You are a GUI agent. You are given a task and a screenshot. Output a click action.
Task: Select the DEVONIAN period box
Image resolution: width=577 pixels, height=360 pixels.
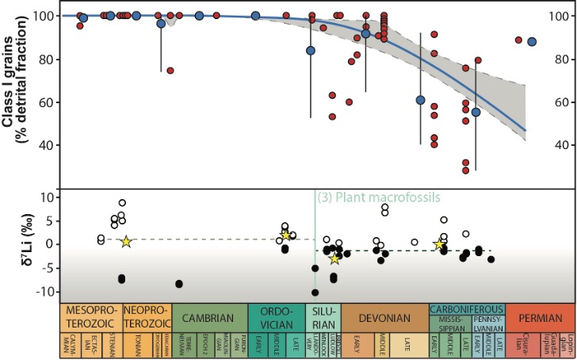pyautogui.click(x=384, y=318)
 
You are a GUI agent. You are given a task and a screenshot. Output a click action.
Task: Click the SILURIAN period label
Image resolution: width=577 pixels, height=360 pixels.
pyautogui.click(x=323, y=318)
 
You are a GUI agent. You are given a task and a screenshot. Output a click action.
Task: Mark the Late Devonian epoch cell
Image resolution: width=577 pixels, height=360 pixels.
pyautogui.click(x=407, y=346)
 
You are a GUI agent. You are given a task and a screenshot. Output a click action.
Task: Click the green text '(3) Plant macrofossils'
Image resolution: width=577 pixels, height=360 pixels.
pyautogui.click(x=378, y=198)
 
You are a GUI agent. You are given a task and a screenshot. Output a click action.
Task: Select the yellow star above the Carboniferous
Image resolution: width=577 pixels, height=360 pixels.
pyautogui.click(x=439, y=244)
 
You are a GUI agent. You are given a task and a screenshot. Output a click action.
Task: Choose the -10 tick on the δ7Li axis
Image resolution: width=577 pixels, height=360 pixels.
pyautogui.click(x=62, y=291)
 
